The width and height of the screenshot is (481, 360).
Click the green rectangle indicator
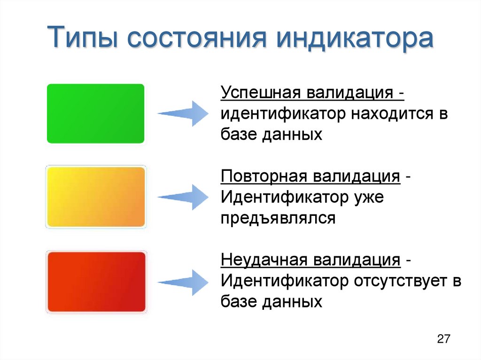point(95,113)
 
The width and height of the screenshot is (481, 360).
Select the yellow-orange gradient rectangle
point(96,197)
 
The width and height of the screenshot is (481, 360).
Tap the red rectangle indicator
point(96,282)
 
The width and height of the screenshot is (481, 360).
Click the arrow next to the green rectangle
point(183,114)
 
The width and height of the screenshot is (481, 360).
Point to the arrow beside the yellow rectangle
point(183,197)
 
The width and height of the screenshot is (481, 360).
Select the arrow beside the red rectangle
point(183,282)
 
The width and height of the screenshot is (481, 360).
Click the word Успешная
point(261,92)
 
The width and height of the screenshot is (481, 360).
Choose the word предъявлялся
point(279,218)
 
